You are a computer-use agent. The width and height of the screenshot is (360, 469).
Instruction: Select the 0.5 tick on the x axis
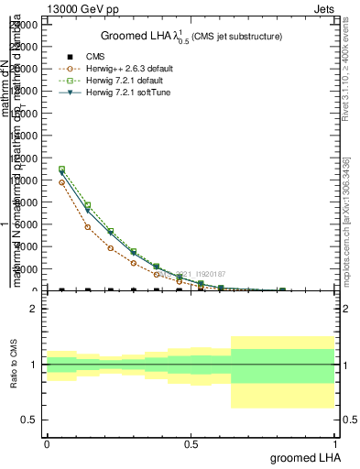[191, 443]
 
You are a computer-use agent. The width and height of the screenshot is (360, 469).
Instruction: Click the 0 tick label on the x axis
[47, 443]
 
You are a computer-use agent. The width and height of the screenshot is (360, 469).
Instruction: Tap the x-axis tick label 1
[334, 443]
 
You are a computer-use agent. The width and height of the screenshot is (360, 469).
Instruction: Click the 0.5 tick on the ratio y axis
[31, 420]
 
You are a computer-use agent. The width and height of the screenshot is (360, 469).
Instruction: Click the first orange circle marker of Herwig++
[61, 182]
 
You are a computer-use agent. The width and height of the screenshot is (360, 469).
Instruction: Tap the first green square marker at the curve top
[61, 169]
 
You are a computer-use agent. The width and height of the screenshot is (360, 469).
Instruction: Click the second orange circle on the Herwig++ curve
[87, 226]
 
